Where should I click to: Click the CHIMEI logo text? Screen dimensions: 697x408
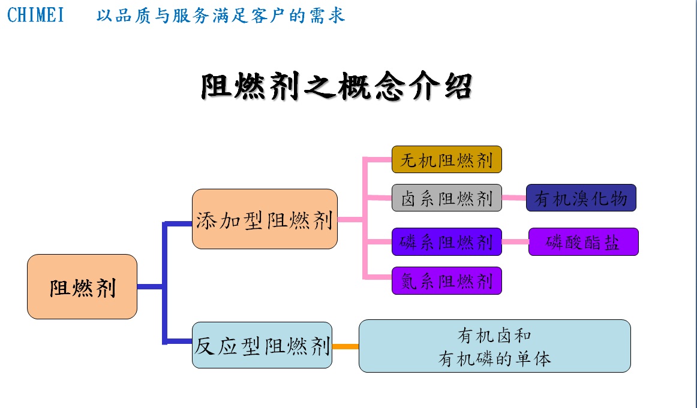pyautogui.click(x=35, y=14)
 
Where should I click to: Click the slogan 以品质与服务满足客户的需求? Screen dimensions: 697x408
pyautogui.click(x=221, y=15)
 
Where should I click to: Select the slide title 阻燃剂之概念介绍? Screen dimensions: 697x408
pyautogui.click(x=337, y=86)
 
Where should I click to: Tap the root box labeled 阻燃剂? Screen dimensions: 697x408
pyautogui.click(x=82, y=287)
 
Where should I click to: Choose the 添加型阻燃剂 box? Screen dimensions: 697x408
pyautogui.click(x=265, y=219)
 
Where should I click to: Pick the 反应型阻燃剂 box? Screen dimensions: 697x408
pyautogui.click(x=262, y=345)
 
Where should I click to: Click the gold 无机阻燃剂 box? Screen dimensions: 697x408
pyautogui.click(x=447, y=159)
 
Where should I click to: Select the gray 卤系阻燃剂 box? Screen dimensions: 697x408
pyautogui.click(x=447, y=198)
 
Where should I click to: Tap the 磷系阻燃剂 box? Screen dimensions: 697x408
pyautogui.click(x=447, y=241)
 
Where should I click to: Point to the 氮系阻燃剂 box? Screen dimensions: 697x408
pyautogui.click(x=447, y=280)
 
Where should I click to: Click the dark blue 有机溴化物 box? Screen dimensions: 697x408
pyautogui.click(x=581, y=198)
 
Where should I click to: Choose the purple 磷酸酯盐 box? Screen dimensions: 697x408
pyautogui.click(x=583, y=241)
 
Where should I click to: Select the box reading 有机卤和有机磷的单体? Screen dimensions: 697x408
pyautogui.click(x=495, y=346)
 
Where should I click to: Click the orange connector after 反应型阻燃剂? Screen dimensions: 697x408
pyautogui.click(x=346, y=346)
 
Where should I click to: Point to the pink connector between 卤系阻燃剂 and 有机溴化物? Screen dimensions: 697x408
pyautogui.click(x=514, y=198)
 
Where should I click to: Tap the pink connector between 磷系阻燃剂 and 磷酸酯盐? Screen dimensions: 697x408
pyautogui.click(x=515, y=241)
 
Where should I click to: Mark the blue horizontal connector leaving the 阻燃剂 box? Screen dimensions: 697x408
pyautogui.click(x=150, y=287)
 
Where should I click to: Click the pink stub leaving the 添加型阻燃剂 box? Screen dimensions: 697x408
pyautogui.click(x=350, y=219)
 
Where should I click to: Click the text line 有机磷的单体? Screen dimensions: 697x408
pyautogui.click(x=495, y=358)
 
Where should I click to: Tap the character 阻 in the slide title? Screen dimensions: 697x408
pyautogui.click(x=217, y=86)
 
